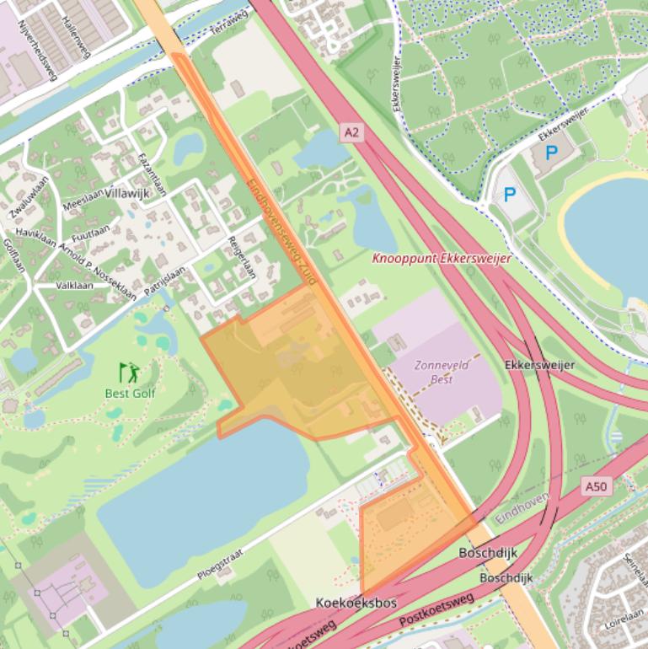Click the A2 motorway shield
pos(352,131)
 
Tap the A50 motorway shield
pos(595,487)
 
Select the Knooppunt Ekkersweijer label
pos(442,259)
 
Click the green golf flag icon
pos(129,373)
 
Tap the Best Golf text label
pos(130,393)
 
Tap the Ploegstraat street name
pos(220,565)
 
